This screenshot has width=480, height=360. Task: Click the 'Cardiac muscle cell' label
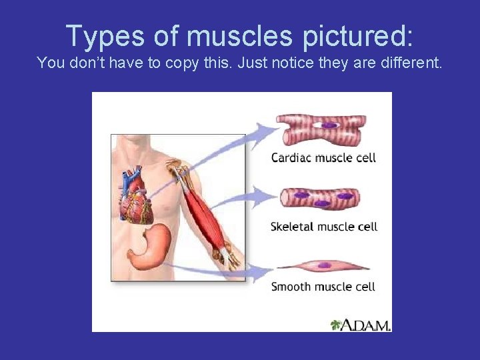(323, 158)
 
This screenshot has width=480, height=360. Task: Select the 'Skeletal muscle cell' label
(324, 227)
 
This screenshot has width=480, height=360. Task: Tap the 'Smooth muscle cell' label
(323, 287)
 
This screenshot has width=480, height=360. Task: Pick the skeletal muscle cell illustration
(321, 198)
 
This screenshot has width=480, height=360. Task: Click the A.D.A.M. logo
(361, 325)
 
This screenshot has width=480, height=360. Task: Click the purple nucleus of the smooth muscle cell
(324, 265)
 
